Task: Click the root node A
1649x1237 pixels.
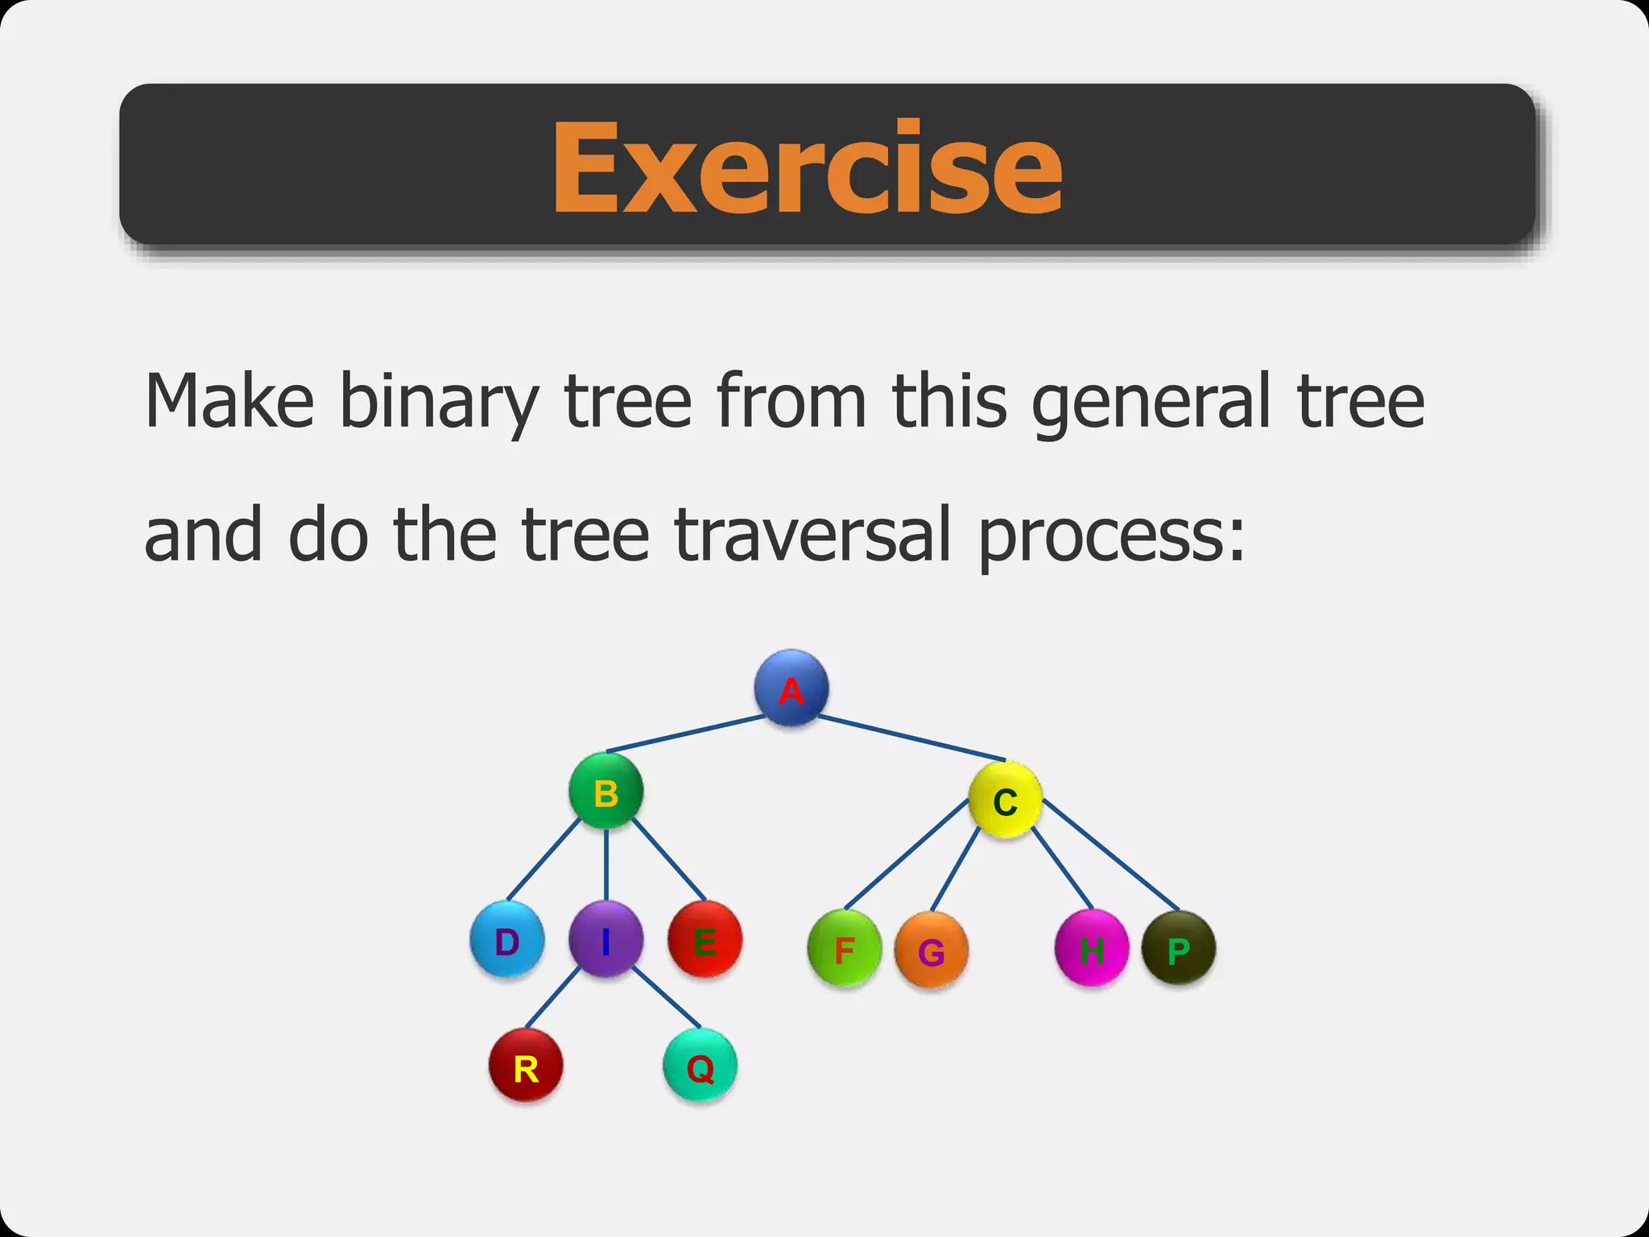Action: (x=791, y=689)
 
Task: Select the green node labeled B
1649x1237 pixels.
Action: (x=605, y=792)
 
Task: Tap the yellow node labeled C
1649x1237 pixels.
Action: (x=1005, y=801)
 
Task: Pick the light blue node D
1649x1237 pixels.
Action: (x=506, y=940)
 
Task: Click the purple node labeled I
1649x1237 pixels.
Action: (x=605, y=940)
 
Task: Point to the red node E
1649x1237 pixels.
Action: (x=705, y=940)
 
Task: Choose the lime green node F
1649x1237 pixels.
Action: (x=844, y=949)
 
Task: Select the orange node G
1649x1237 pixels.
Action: (x=931, y=951)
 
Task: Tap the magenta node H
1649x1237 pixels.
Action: (x=1091, y=949)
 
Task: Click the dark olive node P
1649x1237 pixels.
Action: (x=1178, y=949)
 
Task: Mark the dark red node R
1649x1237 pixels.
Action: (x=526, y=1067)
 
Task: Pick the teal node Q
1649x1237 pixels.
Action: (x=700, y=1067)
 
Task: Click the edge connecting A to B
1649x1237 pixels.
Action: (x=684, y=734)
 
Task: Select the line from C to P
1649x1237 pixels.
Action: (x=1111, y=855)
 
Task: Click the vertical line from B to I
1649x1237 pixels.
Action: (x=605, y=866)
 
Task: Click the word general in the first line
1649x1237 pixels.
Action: (x=1154, y=401)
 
